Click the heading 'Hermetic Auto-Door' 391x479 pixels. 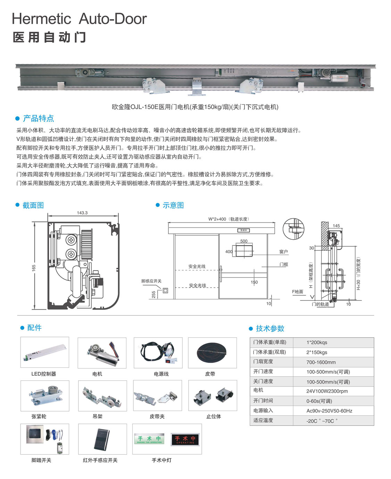[79, 19]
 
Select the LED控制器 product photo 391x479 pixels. [45, 352]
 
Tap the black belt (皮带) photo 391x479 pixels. [212, 352]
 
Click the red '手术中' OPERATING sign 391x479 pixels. [185, 439]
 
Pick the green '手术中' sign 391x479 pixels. [150, 439]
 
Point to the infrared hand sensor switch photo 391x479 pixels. [102, 439]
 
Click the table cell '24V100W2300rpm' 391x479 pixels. [327, 391]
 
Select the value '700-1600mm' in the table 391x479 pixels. [321, 362]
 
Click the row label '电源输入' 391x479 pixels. [263, 411]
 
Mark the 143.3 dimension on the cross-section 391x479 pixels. [82, 213]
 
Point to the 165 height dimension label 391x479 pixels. [34, 268]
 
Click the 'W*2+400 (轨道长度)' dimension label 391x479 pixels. [228, 219]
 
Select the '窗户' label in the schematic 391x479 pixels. [283, 251]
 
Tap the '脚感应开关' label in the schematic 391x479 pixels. [151, 281]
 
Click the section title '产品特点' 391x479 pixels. [38, 118]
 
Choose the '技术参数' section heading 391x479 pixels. [270, 328]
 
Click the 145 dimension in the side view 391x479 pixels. [336, 226]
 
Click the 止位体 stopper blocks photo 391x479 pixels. [213, 396]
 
